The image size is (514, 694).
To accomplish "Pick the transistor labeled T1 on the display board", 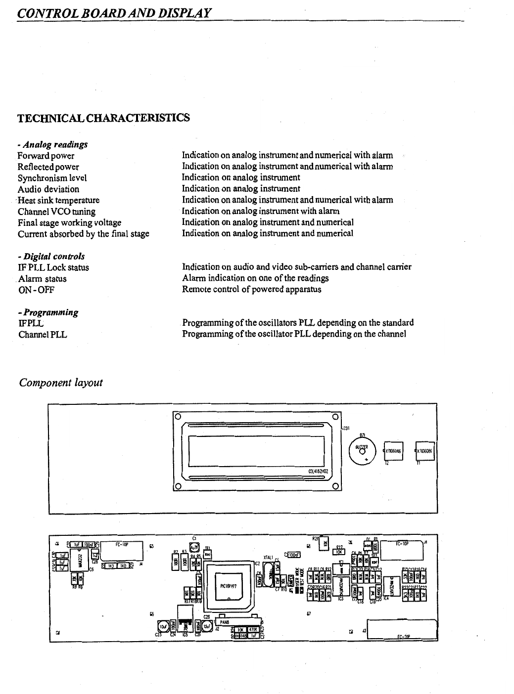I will tap(425, 450).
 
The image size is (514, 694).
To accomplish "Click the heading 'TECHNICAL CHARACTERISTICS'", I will tap(103, 118).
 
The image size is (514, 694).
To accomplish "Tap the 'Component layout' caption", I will tap(60, 383).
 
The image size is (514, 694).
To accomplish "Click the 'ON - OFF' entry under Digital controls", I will tap(36, 290).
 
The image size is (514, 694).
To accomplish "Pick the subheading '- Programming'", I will tap(48, 312).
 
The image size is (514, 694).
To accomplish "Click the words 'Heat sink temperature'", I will tap(58, 200).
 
